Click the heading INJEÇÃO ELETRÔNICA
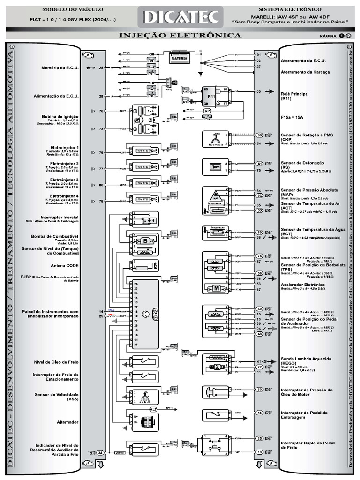[180, 36]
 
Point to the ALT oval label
[153, 409]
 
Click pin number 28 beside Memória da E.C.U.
[101, 68]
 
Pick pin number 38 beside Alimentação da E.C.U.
[101, 96]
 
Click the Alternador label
[68, 422]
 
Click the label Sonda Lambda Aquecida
[304, 358]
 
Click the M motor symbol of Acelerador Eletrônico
[217, 288]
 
